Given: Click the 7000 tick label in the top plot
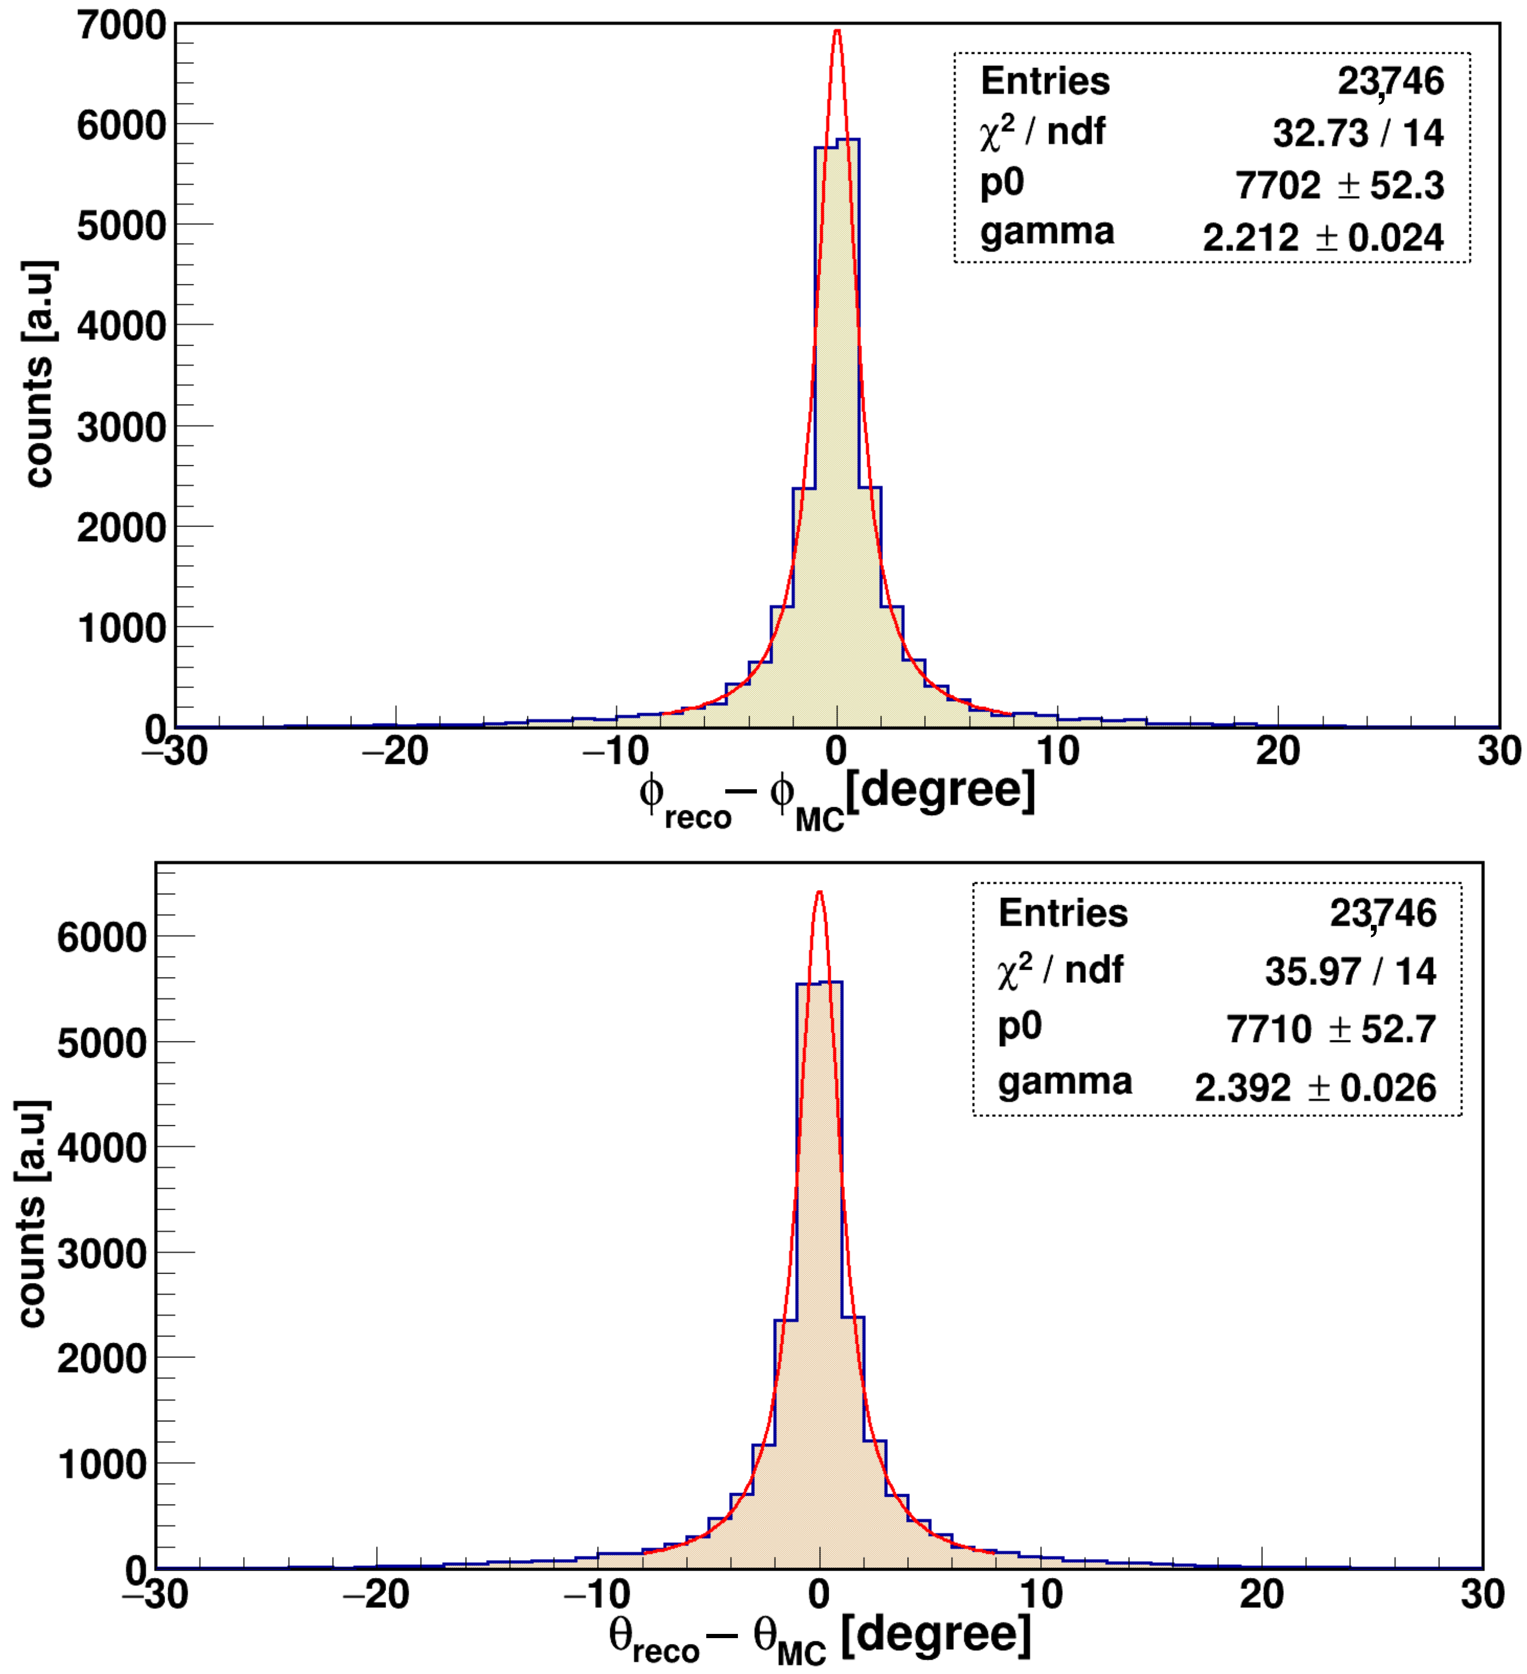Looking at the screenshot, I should pyautogui.click(x=122, y=26).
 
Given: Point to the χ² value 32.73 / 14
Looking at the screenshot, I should pyautogui.click(x=1358, y=133).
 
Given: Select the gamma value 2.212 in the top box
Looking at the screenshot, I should pyautogui.click(x=1251, y=238).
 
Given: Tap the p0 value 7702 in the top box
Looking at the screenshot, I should pyautogui.click(x=1277, y=185).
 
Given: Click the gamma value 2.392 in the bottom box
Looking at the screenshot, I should pyautogui.click(x=1242, y=1088).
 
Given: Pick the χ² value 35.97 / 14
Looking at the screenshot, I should pyautogui.click(x=1350, y=971).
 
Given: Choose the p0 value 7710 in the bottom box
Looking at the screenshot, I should pyautogui.click(x=1269, y=1030).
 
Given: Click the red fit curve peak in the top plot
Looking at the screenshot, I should pyautogui.click(x=837, y=32).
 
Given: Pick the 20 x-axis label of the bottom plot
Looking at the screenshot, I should pyautogui.click(x=1261, y=1594).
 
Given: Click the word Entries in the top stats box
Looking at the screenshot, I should pyautogui.click(x=1044, y=81).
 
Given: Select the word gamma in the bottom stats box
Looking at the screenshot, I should pyautogui.click(x=1064, y=1082).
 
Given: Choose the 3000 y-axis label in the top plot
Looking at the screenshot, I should pyautogui.click(x=122, y=428).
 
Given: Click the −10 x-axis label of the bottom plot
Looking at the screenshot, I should pyautogui.click(x=597, y=1594).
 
